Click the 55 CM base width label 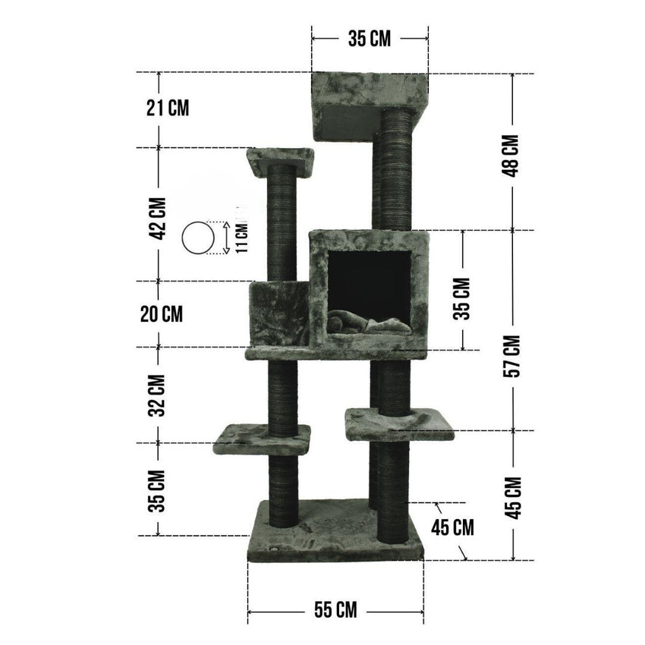point(335,609)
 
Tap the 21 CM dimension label point(168,109)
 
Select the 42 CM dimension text point(158,219)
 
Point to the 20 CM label point(162,314)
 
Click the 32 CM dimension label point(157,395)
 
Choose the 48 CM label point(511,156)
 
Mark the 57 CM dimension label point(511,356)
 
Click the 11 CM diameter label point(242,238)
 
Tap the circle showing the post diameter point(198,238)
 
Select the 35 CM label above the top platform point(370,39)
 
